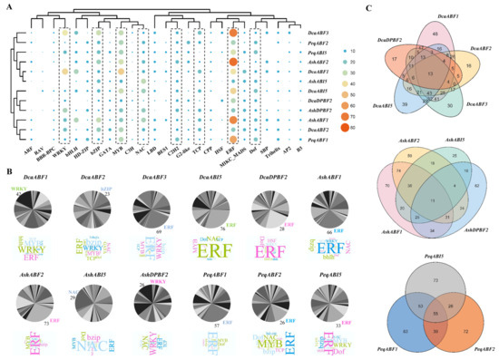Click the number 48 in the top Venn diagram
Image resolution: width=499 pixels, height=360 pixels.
(415, 33)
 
